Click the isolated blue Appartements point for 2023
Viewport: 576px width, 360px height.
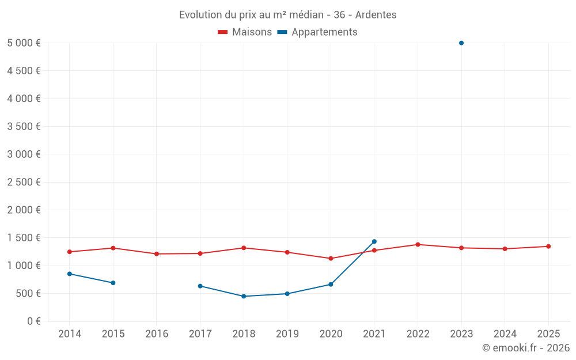tap(461, 43)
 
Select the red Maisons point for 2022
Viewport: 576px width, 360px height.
tap(418, 245)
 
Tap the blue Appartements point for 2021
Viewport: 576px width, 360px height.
tap(374, 241)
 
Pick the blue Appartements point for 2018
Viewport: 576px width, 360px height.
tap(244, 296)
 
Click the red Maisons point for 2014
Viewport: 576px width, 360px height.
tap(70, 252)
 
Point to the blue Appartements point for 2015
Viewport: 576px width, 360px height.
tap(113, 283)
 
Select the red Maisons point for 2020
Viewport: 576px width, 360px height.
tap(331, 259)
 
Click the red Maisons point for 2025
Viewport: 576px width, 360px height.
tap(548, 247)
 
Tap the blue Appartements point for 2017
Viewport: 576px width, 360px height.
tap(200, 286)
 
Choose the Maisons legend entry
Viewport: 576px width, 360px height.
tap(245, 32)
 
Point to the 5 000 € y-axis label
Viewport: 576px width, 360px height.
tap(24, 43)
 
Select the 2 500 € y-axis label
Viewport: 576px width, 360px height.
tap(24, 182)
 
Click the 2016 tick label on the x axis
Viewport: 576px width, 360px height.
tap(157, 334)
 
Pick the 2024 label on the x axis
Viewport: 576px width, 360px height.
tap(505, 334)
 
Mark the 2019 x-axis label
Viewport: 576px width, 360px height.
tap(287, 334)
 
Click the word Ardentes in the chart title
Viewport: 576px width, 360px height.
tap(376, 15)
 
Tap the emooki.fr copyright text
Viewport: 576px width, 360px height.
tap(526, 348)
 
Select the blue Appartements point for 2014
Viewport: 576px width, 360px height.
tap(70, 274)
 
